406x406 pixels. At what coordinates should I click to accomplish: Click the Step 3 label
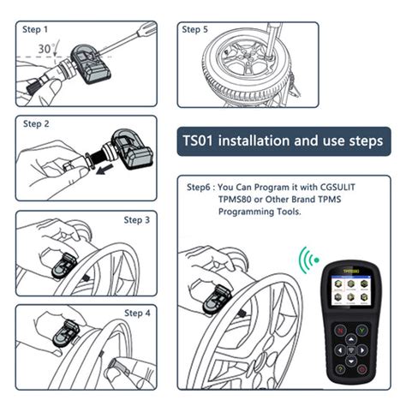tap(137, 220)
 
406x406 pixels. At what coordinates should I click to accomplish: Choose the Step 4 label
tap(137, 313)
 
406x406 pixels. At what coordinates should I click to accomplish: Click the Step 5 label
tap(194, 30)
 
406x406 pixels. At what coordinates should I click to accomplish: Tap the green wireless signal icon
tap(307, 258)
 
